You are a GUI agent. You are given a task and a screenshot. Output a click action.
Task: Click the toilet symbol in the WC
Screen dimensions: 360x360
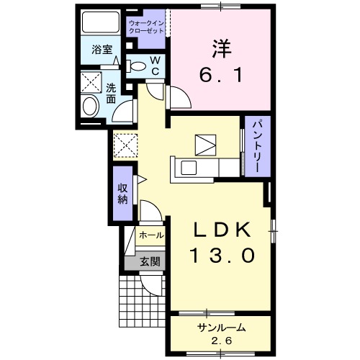[x=135, y=66]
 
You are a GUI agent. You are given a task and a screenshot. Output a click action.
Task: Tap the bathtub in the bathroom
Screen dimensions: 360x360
[x=101, y=22]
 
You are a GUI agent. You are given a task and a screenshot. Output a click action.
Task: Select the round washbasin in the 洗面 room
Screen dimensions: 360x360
[x=91, y=107]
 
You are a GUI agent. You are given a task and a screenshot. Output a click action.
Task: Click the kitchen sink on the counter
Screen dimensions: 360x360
[x=189, y=168]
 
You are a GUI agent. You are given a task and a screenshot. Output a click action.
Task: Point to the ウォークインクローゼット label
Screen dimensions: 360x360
[x=146, y=27]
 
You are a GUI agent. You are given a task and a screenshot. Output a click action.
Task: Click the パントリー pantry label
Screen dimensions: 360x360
[x=256, y=146]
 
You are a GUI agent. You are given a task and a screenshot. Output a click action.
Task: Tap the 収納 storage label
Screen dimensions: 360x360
[x=122, y=194]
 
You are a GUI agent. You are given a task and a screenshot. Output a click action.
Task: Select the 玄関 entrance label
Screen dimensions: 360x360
[x=150, y=261]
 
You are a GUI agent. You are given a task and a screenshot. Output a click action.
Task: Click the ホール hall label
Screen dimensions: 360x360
[x=151, y=235]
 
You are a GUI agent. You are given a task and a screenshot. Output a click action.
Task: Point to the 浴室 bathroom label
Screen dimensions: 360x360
[x=102, y=50]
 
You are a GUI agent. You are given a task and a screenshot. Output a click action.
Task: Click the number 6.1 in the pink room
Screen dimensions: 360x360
[x=220, y=75]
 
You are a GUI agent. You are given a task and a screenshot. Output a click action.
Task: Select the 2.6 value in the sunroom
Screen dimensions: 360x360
[x=221, y=341]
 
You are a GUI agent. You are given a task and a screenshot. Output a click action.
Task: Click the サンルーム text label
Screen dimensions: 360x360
[x=221, y=328]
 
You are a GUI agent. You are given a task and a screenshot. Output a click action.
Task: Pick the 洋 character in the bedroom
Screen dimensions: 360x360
[x=221, y=49]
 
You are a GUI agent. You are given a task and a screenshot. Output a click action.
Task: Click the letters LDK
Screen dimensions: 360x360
[x=222, y=230]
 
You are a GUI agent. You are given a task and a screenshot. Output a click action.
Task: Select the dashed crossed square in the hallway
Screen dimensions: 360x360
[x=125, y=145]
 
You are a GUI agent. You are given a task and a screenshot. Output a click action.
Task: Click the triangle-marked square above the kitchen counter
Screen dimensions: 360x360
[x=205, y=145]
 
